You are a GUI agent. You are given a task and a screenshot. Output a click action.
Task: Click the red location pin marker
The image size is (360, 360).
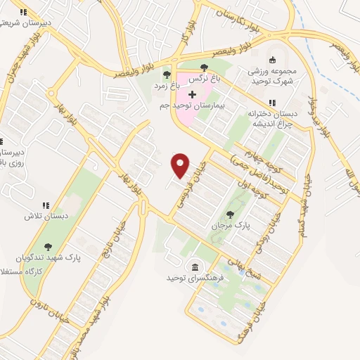click(x=181, y=166)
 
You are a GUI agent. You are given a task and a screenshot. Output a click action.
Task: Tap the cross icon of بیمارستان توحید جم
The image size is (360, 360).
click(x=192, y=94)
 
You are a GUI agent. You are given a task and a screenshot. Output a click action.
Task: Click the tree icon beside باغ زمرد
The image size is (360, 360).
click(x=167, y=74)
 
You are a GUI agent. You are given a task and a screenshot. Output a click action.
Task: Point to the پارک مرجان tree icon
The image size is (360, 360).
click(x=230, y=214)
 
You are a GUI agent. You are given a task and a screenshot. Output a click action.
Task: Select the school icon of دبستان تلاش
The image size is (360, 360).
click(x=46, y=205)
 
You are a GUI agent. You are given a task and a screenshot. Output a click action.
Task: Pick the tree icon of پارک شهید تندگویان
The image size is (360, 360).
click(x=48, y=247)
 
